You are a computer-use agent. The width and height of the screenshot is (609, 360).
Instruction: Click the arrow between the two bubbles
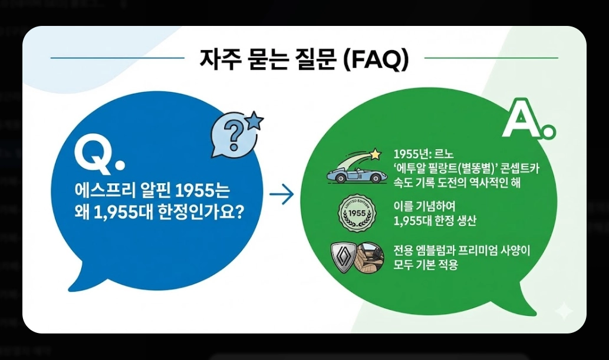[x=281, y=195]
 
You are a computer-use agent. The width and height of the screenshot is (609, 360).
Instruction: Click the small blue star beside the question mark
[x=255, y=121]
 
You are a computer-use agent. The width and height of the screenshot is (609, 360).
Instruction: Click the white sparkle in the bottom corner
[x=564, y=311]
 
